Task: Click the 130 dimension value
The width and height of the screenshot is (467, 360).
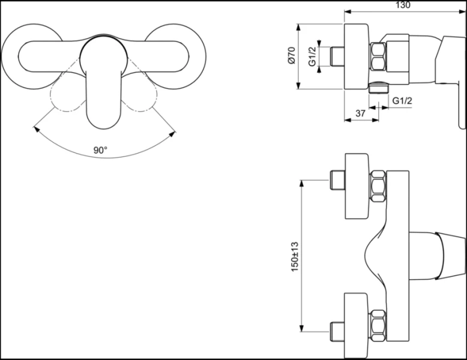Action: (403, 5)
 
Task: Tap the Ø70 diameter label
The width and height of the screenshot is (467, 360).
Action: (291, 56)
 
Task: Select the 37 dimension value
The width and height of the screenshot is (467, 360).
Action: (361, 113)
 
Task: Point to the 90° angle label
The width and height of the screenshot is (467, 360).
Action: (100, 150)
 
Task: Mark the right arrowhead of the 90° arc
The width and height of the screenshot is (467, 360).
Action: (175, 131)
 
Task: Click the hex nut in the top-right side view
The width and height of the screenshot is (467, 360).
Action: (381, 57)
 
